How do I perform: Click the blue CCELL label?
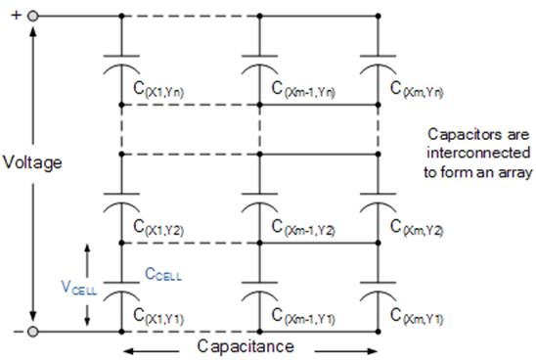162,276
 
